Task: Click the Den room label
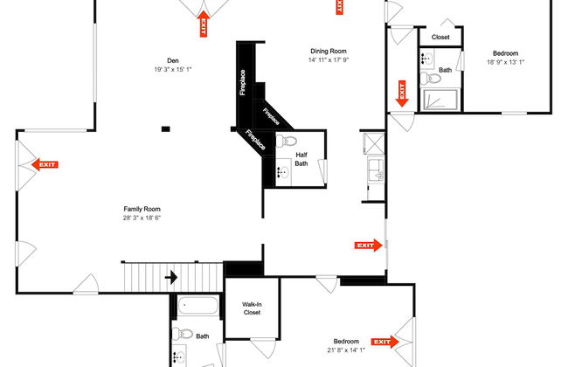coord(173,60)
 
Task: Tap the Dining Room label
coord(329,51)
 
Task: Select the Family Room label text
coord(142,209)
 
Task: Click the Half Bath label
coord(301,159)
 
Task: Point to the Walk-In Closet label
coord(252,308)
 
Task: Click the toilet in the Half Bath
coord(287,141)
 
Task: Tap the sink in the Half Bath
coord(283,172)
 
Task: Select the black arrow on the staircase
coord(171,278)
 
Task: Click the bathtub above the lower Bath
coord(197,306)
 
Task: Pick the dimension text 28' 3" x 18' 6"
coord(142,218)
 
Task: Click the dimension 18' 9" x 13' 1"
coord(505,62)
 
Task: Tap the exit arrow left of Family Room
coord(45,164)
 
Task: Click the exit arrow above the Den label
coord(204,24)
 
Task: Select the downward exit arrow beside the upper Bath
coord(402,93)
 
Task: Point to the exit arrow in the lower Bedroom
coord(385,342)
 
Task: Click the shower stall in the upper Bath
coord(440,100)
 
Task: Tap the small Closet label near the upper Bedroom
coord(440,37)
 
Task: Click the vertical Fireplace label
coord(242,82)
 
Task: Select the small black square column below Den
coord(165,128)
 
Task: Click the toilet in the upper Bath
coord(430,78)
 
